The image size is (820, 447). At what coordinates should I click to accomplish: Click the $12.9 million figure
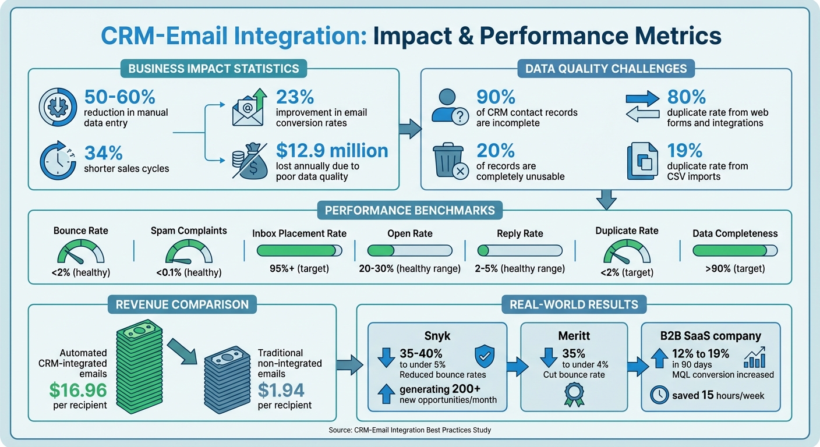pyautogui.click(x=332, y=151)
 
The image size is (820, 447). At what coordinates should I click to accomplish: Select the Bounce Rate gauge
pyautogui.click(x=82, y=252)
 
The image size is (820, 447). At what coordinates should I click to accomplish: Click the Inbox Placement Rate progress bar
pyautogui.click(x=299, y=251)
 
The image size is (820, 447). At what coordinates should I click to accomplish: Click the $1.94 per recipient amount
pyautogui.click(x=281, y=389)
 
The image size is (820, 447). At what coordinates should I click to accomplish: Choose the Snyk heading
pyautogui.click(x=436, y=336)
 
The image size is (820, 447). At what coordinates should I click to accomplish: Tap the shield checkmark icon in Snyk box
pyautogui.click(x=485, y=356)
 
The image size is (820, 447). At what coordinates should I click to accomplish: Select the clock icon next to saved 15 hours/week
pyautogui.click(x=659, y=395)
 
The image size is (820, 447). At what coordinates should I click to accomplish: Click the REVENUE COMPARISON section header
pyautogui.click(x=182, y=304)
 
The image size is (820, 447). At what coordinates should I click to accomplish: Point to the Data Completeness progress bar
pyautogui.click(x=735, y=251)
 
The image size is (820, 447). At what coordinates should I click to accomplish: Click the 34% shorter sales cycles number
pyautogui.click(x=104, y=152)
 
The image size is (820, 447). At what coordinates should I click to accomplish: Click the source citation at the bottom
pyautogui.click(x=409, y=430)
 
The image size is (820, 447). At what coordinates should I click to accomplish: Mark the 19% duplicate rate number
pyautogui.click(x=685, y=151)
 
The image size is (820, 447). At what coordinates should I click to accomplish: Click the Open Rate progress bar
pyautogui.click(x=409, y=251)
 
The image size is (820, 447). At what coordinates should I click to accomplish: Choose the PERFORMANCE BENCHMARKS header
pyautogui.click(x=409, y=210)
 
